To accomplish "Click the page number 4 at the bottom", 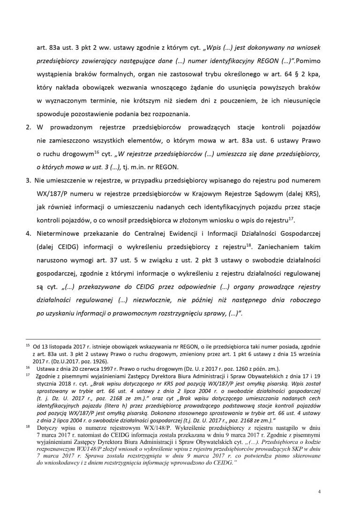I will tap(319, 492).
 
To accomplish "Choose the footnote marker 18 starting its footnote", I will tap(27, 427).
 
